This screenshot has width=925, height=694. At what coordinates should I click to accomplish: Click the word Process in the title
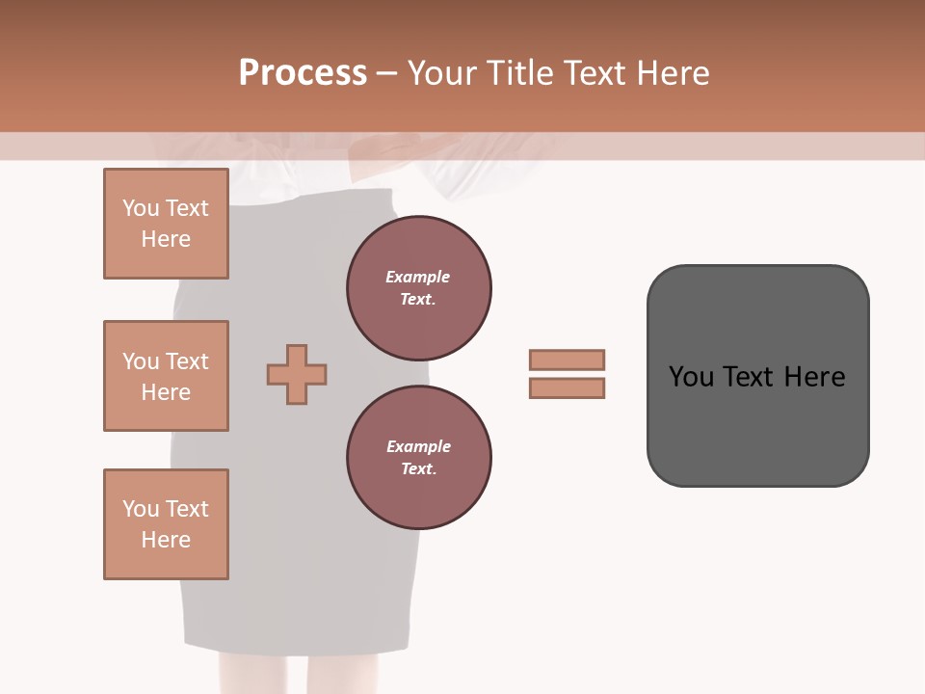303,73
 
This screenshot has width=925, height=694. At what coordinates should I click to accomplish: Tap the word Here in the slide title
670,73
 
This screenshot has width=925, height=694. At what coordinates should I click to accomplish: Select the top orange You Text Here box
166,224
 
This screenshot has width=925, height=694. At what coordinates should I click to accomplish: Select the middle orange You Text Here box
166,376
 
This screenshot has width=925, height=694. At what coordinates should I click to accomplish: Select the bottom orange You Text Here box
166,524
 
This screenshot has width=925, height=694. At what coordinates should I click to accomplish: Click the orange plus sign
297,374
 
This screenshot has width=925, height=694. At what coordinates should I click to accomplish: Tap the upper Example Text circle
418,288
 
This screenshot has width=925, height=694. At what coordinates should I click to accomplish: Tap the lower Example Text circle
418,458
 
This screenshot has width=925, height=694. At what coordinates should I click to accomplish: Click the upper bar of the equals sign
567,360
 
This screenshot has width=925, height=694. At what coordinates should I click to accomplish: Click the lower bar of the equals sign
567,387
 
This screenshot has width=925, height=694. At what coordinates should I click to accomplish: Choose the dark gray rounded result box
757,424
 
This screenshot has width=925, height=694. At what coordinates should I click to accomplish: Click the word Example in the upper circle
418,277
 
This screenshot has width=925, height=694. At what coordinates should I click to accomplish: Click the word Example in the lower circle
418,446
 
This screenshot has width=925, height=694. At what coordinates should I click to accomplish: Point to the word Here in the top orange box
166,239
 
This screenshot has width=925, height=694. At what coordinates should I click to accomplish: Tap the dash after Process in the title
386,73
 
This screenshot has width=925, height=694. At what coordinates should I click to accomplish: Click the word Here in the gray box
814,377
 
